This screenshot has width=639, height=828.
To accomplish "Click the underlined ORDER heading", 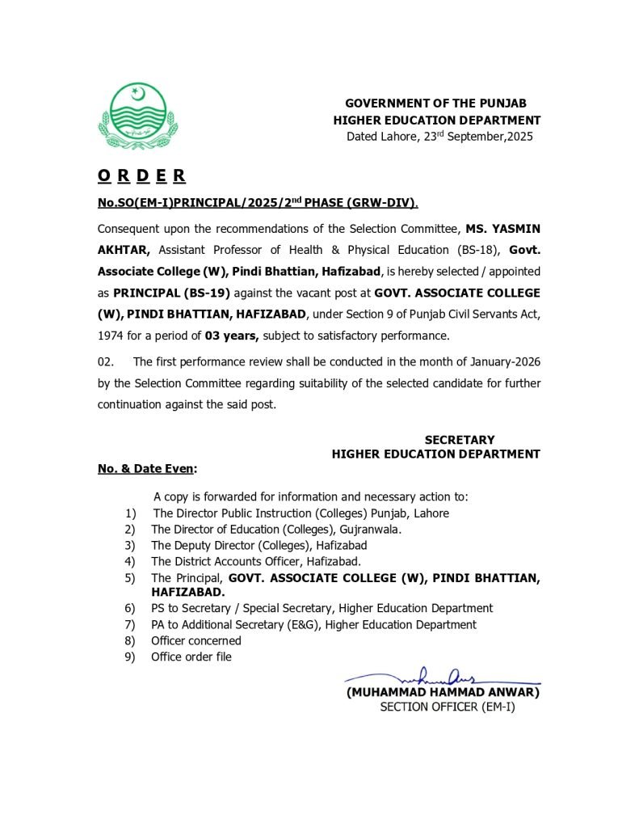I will pos(142,175).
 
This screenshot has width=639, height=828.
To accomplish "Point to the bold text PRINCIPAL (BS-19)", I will pos(171,292).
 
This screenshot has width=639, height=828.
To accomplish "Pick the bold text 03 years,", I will pos(230,334).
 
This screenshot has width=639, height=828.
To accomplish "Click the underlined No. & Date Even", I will pos(146,468).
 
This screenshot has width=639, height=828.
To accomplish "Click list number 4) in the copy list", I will pos(129,561).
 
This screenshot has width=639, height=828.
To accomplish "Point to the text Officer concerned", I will pos(195,640).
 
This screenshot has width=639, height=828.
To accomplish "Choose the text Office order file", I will pos(191,657).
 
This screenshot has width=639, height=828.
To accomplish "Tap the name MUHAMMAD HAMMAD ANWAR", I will pos(443,692).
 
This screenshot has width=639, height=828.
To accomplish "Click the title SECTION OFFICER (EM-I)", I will pos(448,708).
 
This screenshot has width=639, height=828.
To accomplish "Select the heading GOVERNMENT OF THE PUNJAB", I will pos(435,103).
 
